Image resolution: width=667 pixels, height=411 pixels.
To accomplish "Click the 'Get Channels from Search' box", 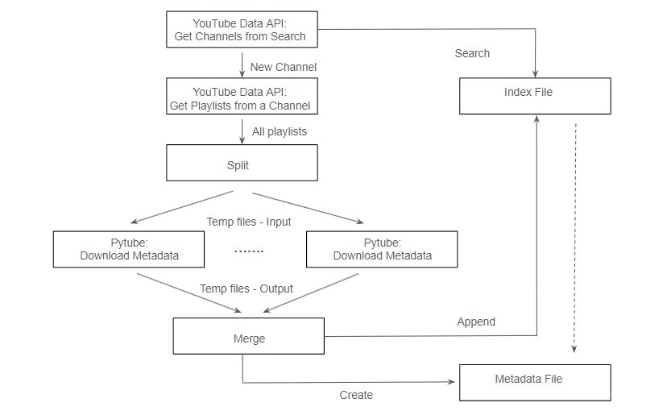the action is coord(242,29).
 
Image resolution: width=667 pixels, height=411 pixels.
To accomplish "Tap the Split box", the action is coord(242,163).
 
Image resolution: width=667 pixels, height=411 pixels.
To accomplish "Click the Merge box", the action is coord(248,336).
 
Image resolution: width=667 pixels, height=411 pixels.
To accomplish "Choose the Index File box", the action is coord(535,96).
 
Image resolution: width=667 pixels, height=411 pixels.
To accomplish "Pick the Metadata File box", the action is coord(535,383).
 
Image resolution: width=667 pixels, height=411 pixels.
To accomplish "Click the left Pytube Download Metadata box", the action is coord(128,249).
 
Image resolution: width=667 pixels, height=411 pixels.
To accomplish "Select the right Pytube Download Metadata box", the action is coord(382,249).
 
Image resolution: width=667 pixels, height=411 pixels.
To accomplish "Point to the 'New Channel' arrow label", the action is coord(284,67).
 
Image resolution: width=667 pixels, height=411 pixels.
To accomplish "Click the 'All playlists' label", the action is coord(279,132).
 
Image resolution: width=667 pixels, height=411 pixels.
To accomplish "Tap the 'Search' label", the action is coord(472,54).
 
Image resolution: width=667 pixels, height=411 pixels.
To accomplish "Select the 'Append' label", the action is coord(476,322).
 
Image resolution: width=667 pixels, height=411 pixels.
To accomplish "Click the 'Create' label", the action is coord(356,395).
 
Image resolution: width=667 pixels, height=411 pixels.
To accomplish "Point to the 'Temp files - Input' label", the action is coord(249,222).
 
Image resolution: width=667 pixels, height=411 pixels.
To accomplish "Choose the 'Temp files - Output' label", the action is coord(246,289).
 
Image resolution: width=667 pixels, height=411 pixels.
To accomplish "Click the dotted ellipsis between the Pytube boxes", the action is coord(249,251).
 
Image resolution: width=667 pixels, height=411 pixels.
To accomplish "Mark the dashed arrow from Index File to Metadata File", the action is coord(574,239).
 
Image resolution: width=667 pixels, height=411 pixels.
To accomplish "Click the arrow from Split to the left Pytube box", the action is coord(181,207).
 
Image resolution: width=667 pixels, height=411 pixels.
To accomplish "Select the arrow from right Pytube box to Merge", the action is coord(311,293).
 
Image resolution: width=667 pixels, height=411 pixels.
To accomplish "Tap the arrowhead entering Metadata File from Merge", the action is coord(452,382).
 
